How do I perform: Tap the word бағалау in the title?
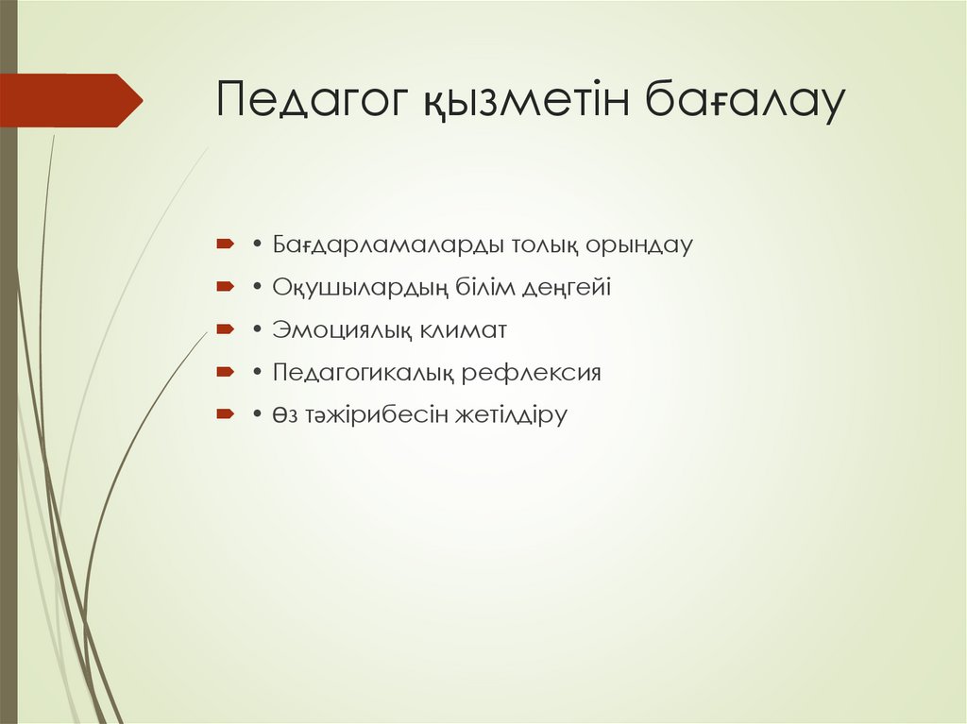[744, 101]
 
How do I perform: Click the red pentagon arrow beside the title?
[71, 100]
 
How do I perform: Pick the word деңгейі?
[569, 288]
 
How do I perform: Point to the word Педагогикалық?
[365, 373]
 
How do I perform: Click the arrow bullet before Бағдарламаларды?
[224, 244]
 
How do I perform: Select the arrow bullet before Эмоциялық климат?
[224, 329]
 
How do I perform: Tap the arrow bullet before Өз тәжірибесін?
[224, 414]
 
